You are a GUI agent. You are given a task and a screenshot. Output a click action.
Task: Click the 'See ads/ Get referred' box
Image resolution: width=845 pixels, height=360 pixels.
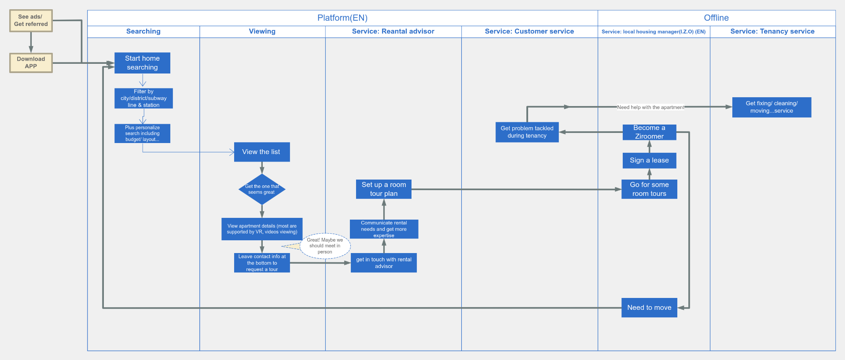[31, 21]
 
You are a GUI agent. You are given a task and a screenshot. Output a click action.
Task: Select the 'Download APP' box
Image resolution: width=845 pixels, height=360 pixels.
[31, 62]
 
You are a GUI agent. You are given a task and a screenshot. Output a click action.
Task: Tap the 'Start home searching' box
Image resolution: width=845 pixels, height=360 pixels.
[142, 63]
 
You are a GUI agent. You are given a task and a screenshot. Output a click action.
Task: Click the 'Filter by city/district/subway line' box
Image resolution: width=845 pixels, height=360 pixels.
[143, 98]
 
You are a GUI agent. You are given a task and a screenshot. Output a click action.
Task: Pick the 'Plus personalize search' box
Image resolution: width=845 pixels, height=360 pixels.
[142, 133]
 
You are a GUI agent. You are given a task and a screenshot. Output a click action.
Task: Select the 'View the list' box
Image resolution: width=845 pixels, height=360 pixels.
[261, 152]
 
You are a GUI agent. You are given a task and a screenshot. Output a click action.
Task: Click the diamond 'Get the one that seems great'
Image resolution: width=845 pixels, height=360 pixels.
[262, 189]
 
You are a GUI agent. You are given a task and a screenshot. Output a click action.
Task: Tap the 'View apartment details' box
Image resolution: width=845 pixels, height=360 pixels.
[262, 229]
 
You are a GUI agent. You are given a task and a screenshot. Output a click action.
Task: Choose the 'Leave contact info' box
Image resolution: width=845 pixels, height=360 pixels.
[262, 263]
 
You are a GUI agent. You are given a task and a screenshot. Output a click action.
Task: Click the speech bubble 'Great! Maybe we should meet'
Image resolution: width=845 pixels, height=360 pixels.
[325, 246]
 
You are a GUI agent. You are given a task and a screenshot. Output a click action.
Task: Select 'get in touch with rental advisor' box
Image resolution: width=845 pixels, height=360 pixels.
[384, 263]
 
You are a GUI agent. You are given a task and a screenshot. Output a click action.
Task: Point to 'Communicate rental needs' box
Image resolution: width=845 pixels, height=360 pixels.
[384, 229]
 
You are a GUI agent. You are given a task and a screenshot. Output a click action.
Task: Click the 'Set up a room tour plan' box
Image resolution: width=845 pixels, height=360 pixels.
[384, 189]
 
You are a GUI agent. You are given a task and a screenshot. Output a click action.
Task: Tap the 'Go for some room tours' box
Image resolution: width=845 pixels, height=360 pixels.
[649, 189]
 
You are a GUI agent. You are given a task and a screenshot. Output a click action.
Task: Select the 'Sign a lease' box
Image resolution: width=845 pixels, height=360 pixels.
[649, 160]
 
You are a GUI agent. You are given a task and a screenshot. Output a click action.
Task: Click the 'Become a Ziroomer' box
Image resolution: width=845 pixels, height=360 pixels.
[649, 132]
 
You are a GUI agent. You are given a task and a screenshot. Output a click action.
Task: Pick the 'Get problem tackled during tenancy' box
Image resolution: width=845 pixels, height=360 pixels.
[527, 132]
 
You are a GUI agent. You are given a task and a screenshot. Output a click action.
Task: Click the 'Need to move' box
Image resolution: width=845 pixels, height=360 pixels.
[649, 308]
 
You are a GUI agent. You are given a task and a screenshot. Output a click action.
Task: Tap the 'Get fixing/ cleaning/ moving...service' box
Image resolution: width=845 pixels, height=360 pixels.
[772, 107]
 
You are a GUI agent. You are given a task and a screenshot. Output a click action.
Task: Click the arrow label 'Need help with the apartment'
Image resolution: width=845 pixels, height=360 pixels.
[650, 107]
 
